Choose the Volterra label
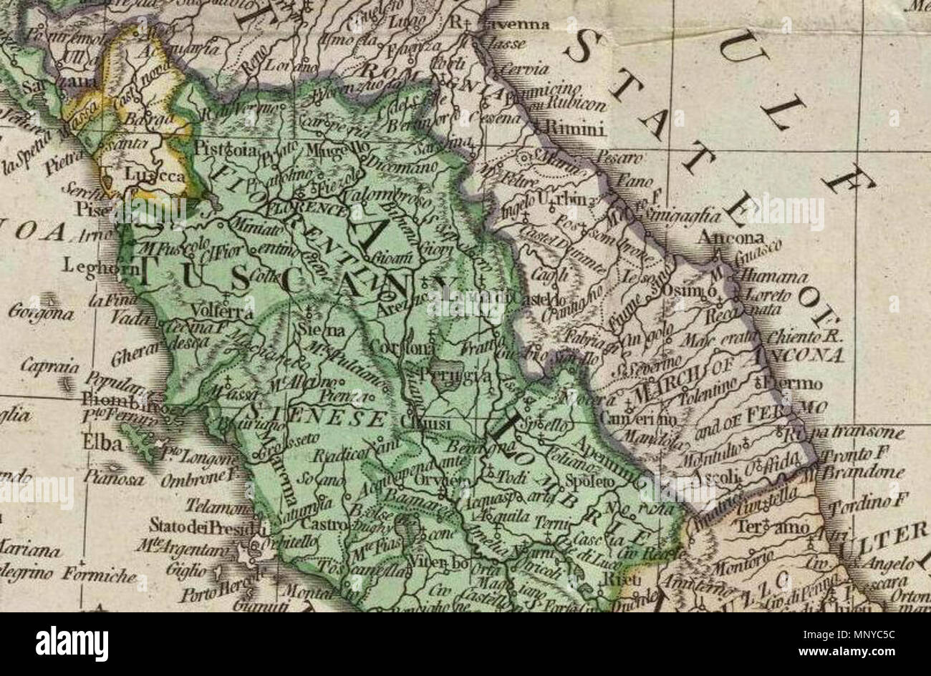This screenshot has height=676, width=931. (223, 313)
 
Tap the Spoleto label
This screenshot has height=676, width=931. (590, 482)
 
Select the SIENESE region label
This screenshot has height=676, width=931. (319, 417)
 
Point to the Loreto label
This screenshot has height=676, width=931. (768, 294)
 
